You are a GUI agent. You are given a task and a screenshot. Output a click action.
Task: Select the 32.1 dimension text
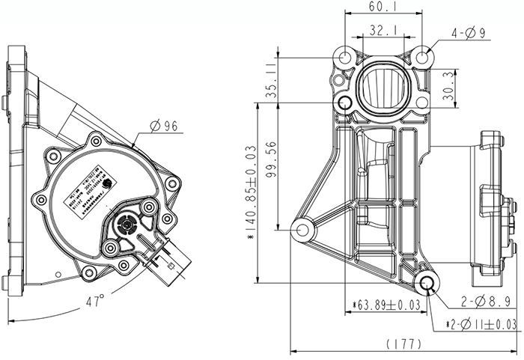click(382, 31)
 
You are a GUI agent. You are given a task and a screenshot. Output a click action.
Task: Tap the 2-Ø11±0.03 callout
click(481, 323)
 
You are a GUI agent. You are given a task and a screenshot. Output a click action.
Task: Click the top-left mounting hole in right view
click(345, 58)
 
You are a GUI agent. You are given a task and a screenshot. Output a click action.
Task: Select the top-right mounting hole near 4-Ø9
click(422, 57)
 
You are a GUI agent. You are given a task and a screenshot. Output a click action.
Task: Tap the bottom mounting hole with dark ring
click(430, 282)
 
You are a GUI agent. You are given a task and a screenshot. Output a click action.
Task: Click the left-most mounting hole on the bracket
click(304, 229)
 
